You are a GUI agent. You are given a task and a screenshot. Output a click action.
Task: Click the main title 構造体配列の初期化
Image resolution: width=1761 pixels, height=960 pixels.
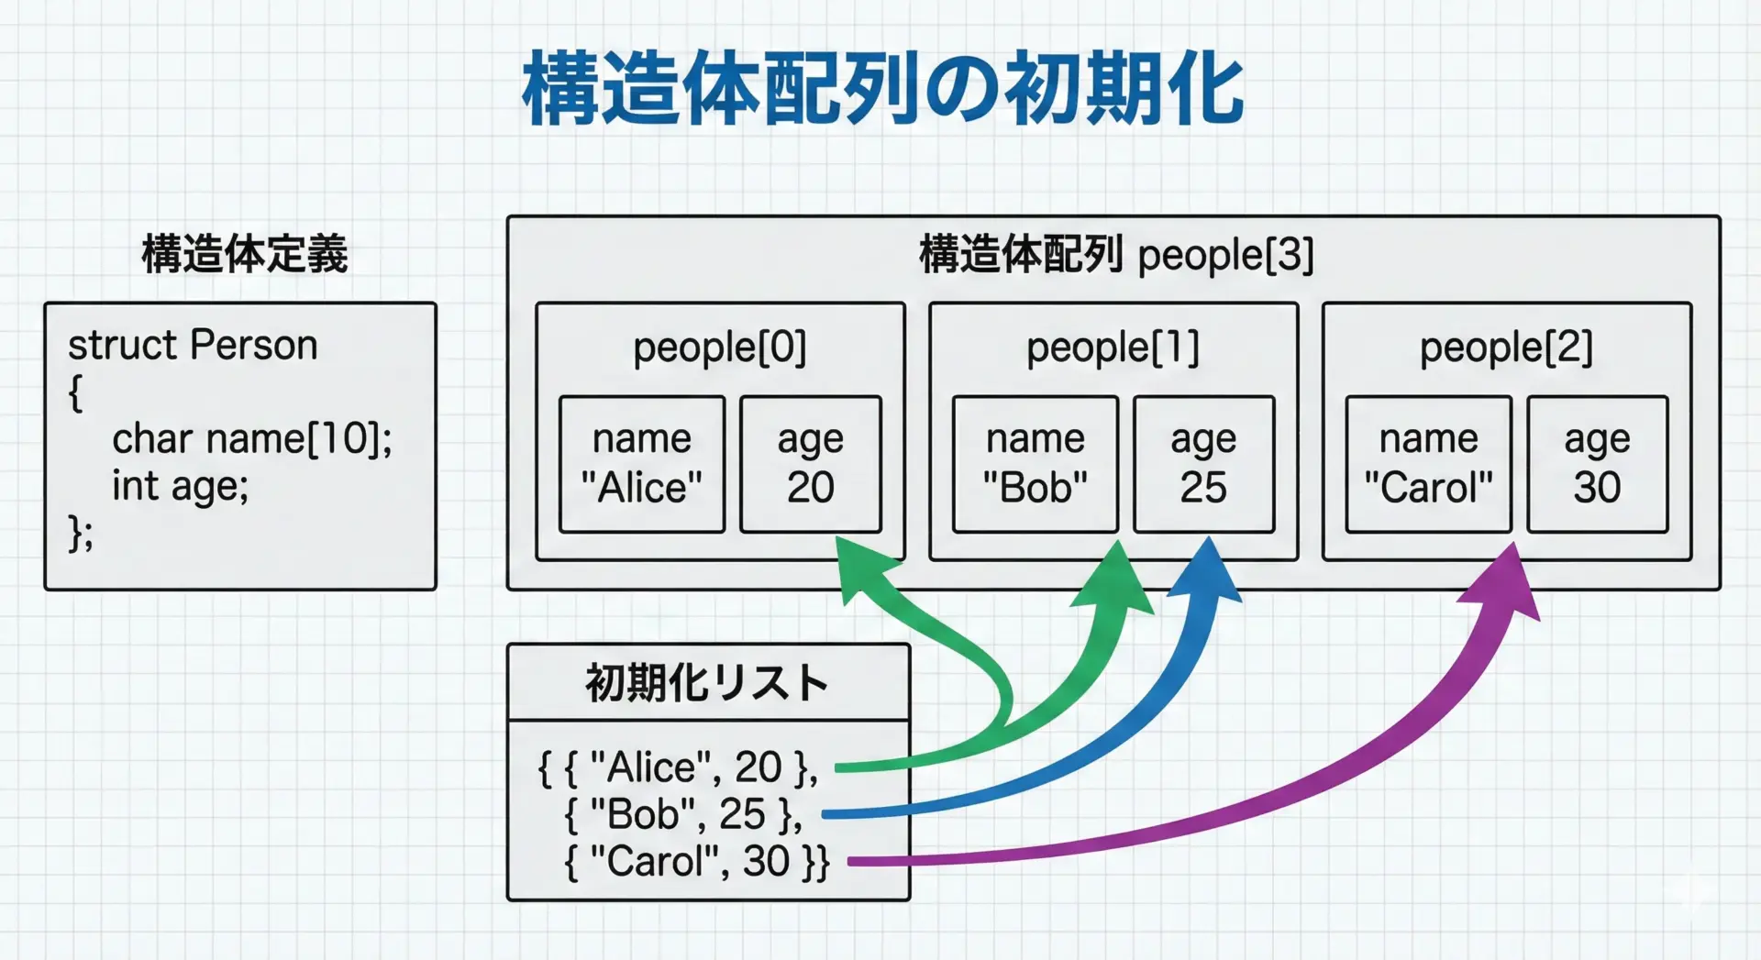point(882,88)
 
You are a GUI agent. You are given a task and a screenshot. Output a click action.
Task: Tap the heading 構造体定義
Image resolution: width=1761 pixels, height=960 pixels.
point(245,254)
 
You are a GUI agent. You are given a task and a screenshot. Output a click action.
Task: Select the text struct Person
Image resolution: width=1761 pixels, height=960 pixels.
point(193,346)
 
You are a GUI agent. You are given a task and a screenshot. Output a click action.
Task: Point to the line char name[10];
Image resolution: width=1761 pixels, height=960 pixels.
point(251,439)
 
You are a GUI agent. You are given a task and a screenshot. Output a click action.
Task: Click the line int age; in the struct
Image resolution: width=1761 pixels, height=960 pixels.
point(180,486)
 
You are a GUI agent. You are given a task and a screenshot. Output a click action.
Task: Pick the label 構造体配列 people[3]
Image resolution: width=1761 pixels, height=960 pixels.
point(1115,255)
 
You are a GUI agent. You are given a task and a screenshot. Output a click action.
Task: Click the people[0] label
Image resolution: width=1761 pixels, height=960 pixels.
point(719,348)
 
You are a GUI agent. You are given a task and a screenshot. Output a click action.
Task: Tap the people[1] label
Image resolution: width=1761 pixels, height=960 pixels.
point(1113,348)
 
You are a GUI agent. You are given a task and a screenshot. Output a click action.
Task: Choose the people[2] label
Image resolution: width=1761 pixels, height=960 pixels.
point(1506,348)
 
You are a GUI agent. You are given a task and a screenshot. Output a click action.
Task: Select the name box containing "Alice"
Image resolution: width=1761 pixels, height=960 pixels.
point(642,464)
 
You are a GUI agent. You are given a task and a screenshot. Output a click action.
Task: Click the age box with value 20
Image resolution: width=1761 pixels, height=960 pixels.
point(811,464)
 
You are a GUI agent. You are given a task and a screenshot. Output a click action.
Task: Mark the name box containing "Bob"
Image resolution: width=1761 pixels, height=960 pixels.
point(1035,464)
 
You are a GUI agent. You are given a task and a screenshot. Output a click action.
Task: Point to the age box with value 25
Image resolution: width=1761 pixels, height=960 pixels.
point(1203,464)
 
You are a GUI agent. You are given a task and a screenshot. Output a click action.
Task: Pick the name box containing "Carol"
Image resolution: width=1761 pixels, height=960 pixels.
point(1428,464)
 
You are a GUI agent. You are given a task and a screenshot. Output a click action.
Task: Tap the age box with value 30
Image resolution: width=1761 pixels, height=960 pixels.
point(1597,464)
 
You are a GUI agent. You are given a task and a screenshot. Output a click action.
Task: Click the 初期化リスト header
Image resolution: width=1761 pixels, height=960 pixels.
point(707,683)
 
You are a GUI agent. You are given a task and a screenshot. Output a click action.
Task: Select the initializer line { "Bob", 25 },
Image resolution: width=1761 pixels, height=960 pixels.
point(683,814)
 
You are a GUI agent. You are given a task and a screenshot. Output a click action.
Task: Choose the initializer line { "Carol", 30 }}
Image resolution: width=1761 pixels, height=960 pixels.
point(697,861)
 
